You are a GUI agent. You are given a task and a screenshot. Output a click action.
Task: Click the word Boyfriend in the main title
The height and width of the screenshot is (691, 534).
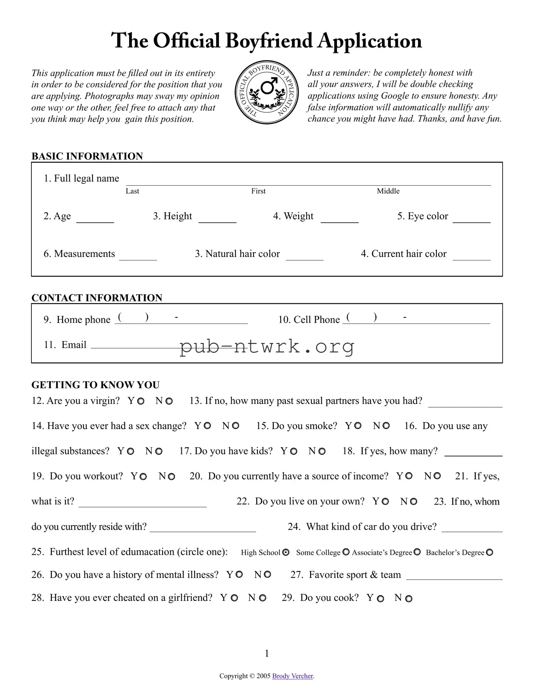click(269, 41)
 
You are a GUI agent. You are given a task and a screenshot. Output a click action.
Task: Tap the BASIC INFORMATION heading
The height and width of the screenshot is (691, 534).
click(87, 156)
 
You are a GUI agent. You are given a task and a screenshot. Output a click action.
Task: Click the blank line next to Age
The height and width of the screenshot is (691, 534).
click(95, 218)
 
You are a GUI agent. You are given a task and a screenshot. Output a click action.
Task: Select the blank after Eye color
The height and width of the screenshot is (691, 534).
click(471, 218)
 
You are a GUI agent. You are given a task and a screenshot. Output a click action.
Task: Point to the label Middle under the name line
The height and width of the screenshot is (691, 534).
click(388, 191)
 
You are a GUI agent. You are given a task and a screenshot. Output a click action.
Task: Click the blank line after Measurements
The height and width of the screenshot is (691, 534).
click(138, 256)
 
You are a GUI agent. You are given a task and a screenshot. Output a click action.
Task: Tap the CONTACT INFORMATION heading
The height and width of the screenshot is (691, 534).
click(97, 298)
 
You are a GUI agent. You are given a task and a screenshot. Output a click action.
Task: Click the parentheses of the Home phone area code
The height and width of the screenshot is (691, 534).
click(133, 317)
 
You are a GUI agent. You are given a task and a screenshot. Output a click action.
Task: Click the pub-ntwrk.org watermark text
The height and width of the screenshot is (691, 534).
click(267, 346)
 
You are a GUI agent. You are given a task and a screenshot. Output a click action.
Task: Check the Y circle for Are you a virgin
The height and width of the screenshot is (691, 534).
click(141, 401)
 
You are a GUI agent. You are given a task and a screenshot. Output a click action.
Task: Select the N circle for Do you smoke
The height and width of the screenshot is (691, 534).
click(386, 426)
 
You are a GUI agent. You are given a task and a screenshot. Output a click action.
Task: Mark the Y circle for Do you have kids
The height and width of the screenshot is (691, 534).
click(294, 451)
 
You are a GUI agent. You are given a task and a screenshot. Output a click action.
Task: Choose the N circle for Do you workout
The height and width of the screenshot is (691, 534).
click(171, 476)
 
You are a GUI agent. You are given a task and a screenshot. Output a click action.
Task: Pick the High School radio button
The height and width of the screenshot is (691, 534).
click(286, 552)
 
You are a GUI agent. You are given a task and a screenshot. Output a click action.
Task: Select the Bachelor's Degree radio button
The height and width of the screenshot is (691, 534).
click(489, 552)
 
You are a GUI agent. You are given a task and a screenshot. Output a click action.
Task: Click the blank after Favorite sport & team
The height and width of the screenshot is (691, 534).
click(454, 576)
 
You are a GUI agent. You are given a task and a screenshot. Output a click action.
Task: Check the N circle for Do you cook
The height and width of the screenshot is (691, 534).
click(409, 599)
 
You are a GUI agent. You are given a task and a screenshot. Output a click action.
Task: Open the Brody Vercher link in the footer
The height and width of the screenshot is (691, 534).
click(293, 676)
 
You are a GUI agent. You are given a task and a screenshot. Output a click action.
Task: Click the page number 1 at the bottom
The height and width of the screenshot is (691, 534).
click(267, 653)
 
